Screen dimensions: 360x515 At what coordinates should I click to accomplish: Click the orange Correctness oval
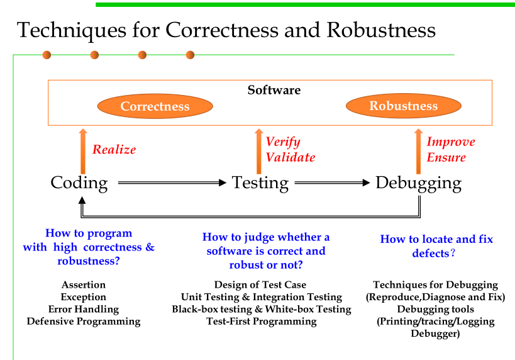[155, 106]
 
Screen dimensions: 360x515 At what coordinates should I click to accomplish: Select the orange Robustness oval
[403, 106]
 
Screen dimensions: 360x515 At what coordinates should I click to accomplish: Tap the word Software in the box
[274, 90]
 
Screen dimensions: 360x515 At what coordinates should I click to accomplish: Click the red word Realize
[114, 149]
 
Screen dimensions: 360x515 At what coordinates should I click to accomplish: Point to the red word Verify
[282, 142]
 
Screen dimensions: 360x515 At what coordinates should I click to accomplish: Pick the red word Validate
[290, 157]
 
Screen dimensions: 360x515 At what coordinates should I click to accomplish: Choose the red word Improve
[450, 142]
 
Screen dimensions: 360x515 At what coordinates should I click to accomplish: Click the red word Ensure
[446, 157]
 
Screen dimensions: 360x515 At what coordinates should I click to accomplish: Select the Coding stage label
[79, 183]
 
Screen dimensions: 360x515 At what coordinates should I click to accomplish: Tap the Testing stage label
[260, 183]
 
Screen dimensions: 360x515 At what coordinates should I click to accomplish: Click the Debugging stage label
[418, 183]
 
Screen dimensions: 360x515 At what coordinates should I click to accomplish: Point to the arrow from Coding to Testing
[171, 183]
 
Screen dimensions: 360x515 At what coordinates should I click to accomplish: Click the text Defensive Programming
[83, 321]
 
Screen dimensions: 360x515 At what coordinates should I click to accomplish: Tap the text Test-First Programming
[261, 321]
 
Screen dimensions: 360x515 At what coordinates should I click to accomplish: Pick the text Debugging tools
[435, 309]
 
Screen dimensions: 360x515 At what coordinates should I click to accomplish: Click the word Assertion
[84, 285]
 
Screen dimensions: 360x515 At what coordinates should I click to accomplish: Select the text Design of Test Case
[260, 285]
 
